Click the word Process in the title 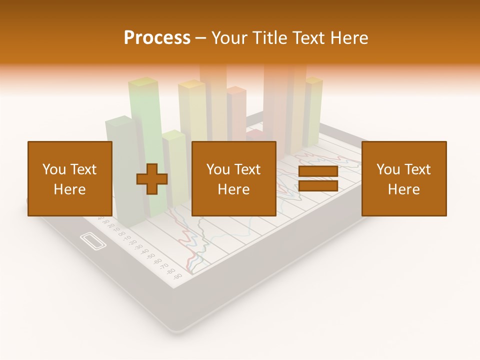(x=157, y=38)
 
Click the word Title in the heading (x=268, y=38)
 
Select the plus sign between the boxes (x=152, y=179)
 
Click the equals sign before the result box (x=318, y=179)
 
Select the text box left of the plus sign (x=70, y=178)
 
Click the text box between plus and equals (x=234, y=178)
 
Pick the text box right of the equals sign (x=404, y=178)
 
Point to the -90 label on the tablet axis (x=177, y=275)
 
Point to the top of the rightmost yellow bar (x=313, y=80)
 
